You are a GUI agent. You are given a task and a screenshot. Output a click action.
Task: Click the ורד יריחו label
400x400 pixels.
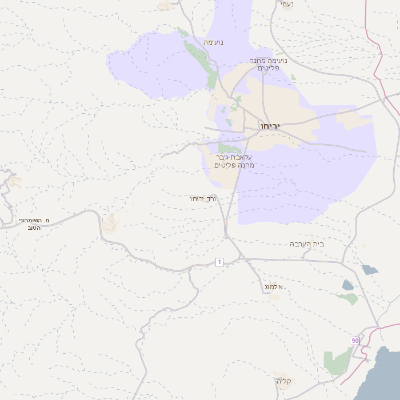(x=203, y=199)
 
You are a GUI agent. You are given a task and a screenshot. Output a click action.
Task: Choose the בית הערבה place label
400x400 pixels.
(x=306, y=243)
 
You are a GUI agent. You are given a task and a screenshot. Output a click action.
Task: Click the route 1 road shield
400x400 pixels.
(x=219, y=261)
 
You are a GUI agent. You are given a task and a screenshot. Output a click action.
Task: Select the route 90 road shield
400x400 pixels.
(x=355, y=341)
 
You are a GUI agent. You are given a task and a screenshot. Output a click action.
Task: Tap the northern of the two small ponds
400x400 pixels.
(x=368, y=269)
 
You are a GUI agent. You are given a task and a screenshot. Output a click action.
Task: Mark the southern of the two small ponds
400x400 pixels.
(x=348, y=285)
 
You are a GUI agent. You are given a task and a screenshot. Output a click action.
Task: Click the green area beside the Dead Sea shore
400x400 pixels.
(x=338, y=362)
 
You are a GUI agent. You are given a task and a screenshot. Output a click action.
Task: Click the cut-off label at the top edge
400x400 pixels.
(x=286, y=4)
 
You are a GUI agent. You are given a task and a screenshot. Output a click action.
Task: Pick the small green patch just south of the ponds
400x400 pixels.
(x=347, y=298)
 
